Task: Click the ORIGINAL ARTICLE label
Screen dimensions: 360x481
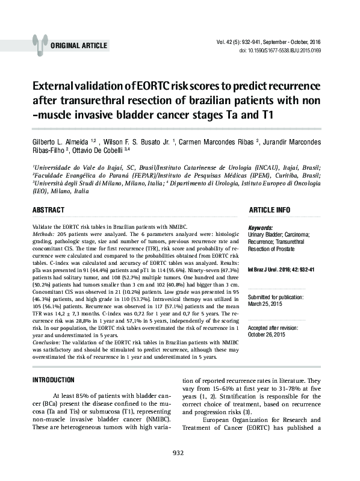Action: [79, 46]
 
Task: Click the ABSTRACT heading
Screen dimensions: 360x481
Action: [48, 210]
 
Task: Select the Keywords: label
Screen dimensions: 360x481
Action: [261, 228]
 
